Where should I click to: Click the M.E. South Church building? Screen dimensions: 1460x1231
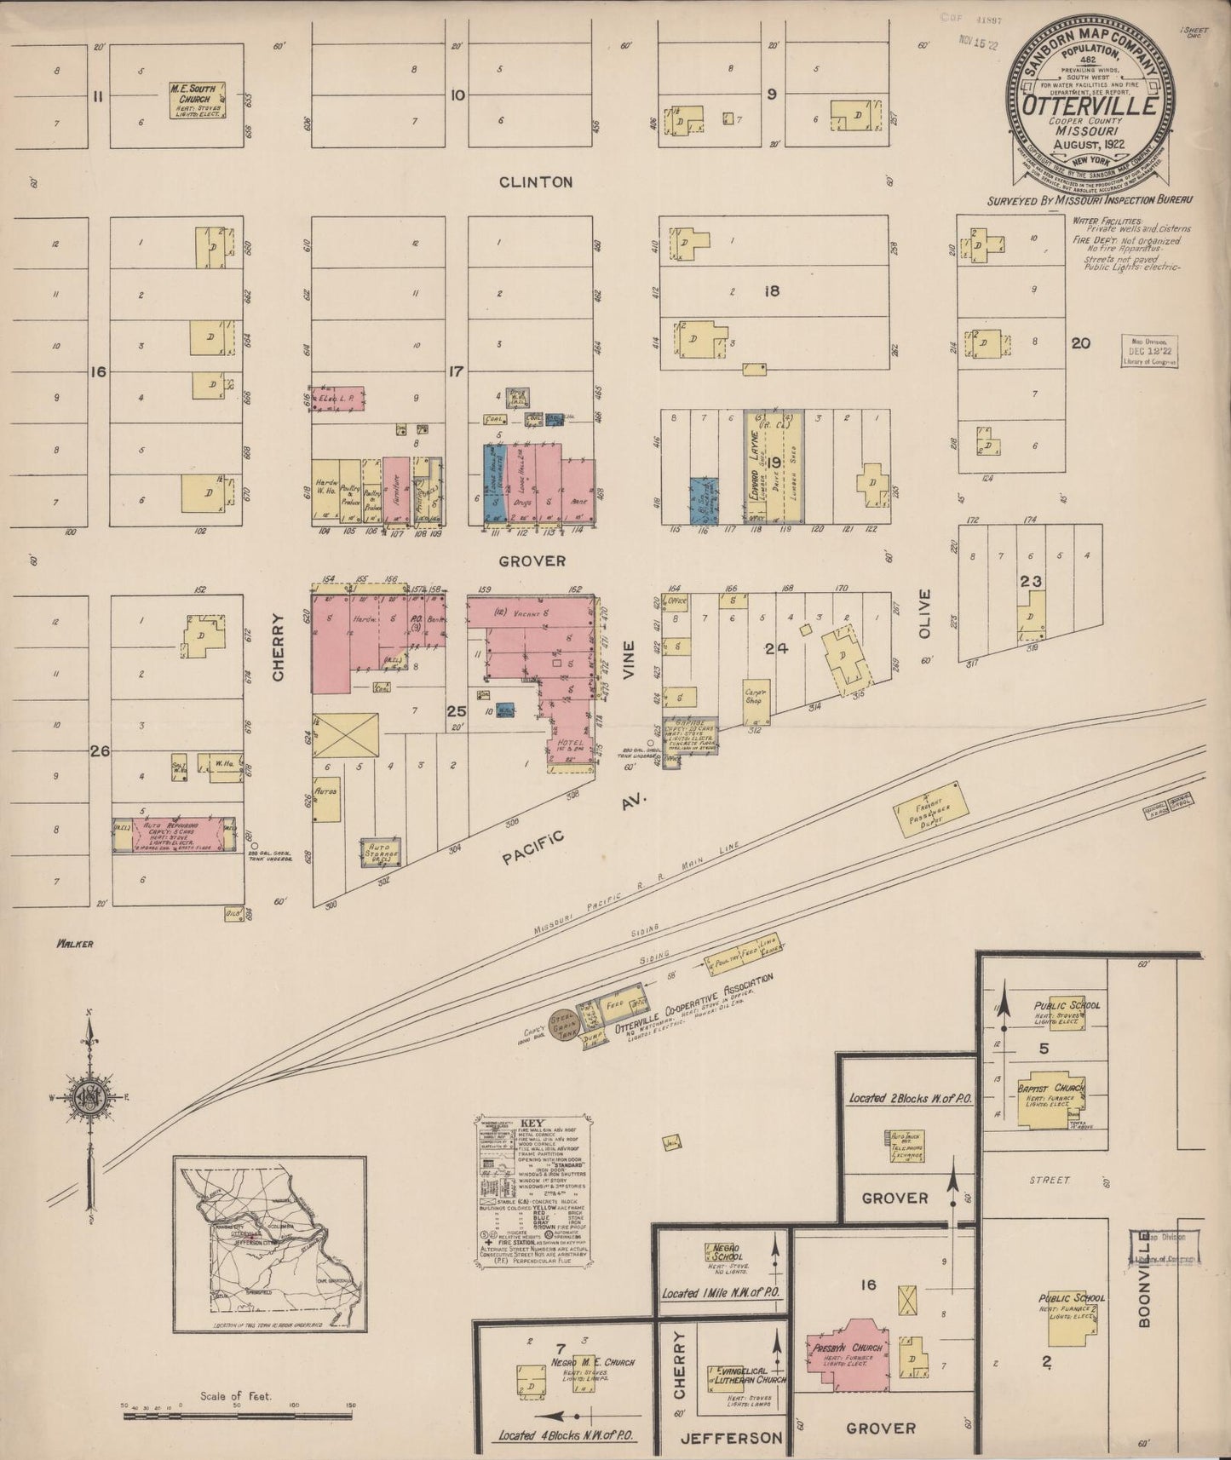pos(197,100)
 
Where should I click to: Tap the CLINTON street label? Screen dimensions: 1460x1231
pos(535,181)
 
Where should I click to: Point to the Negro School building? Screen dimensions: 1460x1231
pos(723,1252)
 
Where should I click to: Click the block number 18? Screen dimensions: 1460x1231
pos(773,290)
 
